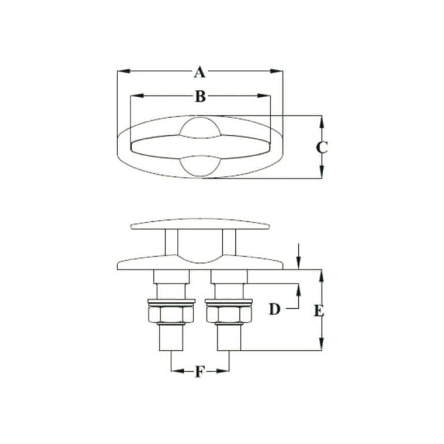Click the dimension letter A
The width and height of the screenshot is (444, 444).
point(199,72)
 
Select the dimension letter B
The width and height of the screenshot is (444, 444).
point(201,97)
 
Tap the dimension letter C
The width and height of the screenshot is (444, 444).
point(321,147)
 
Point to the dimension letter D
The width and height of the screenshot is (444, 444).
point(275,309)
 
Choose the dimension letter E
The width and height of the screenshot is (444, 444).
point(319,312)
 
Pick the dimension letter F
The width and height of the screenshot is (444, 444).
point(199,372)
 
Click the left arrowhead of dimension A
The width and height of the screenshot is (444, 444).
point(124,71)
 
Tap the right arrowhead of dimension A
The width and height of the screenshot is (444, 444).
point(277,71)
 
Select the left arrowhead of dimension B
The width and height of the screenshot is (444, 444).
point(136,96)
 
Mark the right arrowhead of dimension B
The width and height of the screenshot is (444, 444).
point(264,96)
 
